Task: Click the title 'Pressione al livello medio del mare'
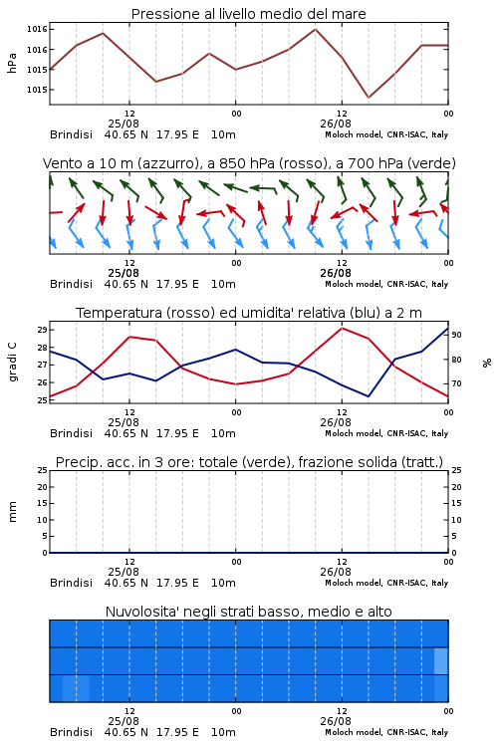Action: [248, 14]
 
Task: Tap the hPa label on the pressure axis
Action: [12, 63]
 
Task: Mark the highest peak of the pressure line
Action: [315, 29]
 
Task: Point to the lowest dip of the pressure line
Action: [368, 98]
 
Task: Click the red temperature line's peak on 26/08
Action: [342, 328]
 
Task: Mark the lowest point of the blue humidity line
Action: [368, 396]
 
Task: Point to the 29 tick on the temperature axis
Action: [43, 330]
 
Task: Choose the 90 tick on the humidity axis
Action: [456, 335]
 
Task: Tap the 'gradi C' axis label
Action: [13, 362]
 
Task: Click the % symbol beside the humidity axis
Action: [487, 363]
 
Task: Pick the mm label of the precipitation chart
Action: [12, 512]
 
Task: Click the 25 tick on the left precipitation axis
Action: [43, 470]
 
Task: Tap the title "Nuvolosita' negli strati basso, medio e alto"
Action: [248, 612]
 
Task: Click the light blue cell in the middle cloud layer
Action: [441, 660]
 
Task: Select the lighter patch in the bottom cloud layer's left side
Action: [76, 688]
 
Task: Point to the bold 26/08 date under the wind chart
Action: [336, 274]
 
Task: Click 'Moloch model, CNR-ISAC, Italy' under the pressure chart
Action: [386, 134]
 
